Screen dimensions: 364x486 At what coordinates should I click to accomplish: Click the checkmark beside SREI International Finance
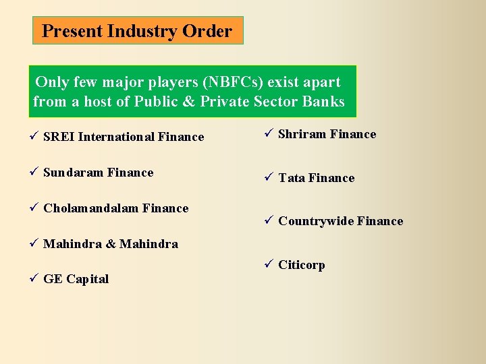[34, 137]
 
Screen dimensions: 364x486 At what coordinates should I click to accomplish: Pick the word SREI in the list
[59, 137]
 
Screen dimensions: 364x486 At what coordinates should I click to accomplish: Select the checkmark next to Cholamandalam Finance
[34, 208]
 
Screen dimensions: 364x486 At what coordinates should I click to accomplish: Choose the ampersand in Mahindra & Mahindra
[111, 244]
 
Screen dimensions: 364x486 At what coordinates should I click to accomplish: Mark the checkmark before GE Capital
[34, 279]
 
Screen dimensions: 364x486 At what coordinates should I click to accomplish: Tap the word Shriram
[302, 134]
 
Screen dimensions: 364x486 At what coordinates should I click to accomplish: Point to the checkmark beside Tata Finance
[269, 178]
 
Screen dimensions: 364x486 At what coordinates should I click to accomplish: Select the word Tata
[292, 178]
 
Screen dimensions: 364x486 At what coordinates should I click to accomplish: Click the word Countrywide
[315, 221]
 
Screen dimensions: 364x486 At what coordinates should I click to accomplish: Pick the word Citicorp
[302, 265]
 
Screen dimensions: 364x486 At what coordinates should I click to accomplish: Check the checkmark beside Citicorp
[269, 265]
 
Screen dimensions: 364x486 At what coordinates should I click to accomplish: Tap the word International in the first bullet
[116, 137]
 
